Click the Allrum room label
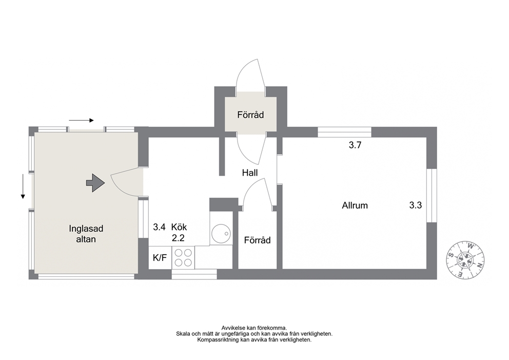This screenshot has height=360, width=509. click(355, 205)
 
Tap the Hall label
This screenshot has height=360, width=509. click(250, 173)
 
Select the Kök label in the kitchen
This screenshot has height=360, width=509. click(179, 227)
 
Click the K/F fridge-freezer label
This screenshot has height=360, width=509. click(160, 258)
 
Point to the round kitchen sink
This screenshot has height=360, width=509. click(221, 233)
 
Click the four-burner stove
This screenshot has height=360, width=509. click(183, 257)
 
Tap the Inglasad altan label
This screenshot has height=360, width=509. click(86, 234)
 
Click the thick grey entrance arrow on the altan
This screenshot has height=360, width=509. click(95, 183)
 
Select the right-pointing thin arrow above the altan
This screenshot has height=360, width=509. click(81, 121)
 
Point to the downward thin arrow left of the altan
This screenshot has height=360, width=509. click(23, 186)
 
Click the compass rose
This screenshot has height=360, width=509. click(466, 260)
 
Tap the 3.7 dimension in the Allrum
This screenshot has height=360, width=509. click(355, 145)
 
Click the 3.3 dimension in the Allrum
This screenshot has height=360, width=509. click(416, 205)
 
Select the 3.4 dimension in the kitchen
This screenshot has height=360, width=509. click(160, 227)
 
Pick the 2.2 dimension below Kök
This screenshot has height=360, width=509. click(178, 238)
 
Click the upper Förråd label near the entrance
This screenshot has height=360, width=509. click(250, 115)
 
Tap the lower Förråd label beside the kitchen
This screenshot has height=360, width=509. click(258, 240)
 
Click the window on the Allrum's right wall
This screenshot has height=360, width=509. click(432, 196)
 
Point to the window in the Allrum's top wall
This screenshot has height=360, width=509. click(344, 132)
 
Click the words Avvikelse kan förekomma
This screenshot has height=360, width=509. click(254, 328)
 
